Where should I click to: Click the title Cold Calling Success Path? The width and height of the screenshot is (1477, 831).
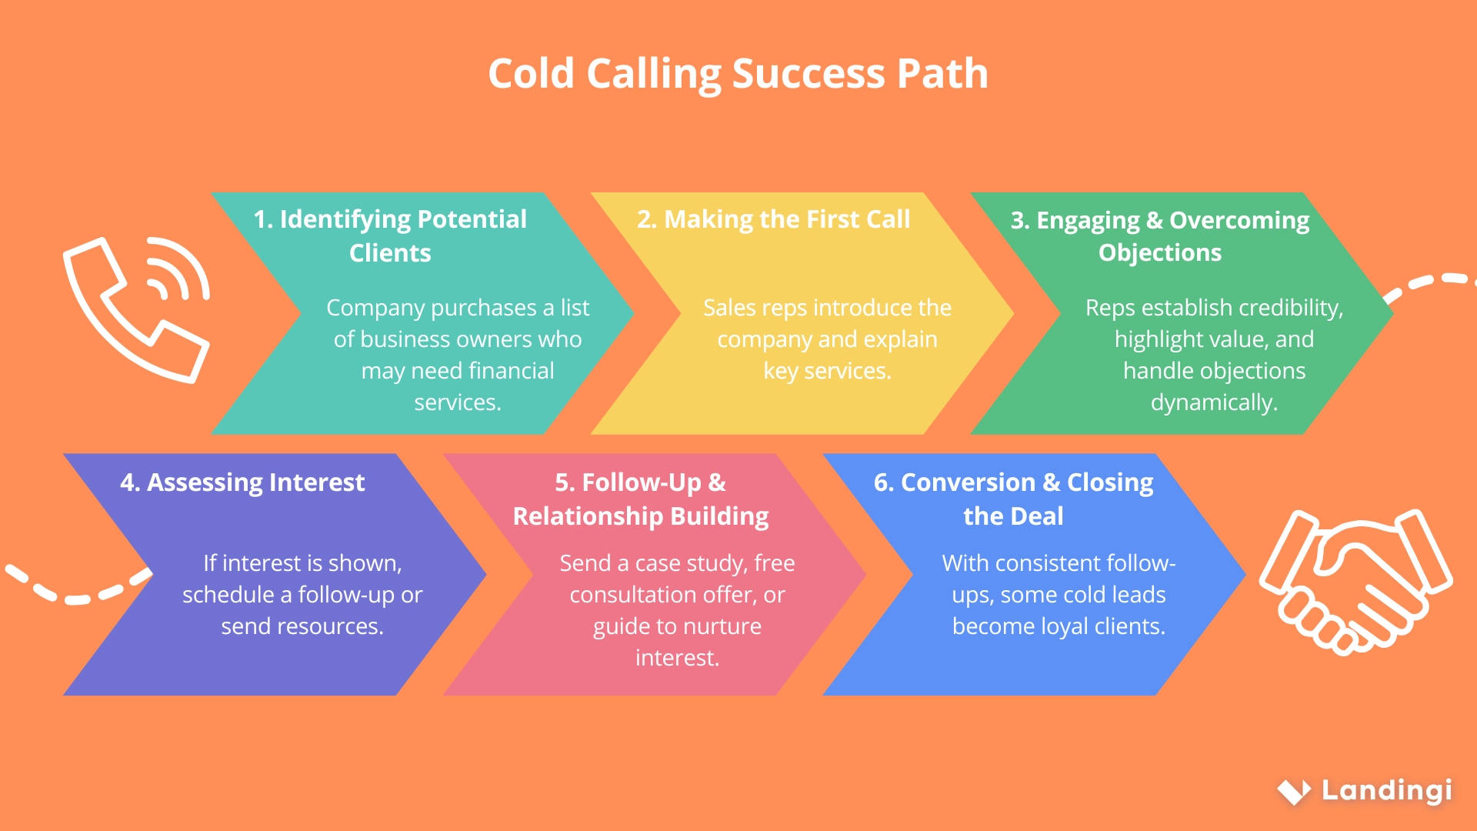click(738, 74)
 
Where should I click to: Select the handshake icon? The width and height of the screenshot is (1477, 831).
click(1355, 581)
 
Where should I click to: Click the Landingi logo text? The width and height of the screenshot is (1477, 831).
click(1386, 790)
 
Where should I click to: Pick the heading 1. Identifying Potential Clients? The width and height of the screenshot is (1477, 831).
click(390, 235)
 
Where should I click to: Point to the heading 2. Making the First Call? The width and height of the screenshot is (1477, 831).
click(773, 219)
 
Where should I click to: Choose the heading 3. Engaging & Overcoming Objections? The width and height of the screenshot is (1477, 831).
click(1160, 235)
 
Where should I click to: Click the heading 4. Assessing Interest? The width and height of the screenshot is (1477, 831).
click(242, 482)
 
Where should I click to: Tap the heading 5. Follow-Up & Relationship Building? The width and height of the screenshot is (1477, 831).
click(640, 499)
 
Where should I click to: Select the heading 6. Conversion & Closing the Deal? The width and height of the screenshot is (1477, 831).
click(1013, 499)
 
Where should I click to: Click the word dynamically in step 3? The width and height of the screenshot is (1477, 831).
click(1213, 402)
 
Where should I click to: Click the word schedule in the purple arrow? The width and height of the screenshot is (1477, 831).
click(228, 595)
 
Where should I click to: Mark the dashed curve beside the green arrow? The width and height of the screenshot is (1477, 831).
click(1429, 283)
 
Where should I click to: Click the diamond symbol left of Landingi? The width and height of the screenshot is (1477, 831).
click(1294, 791)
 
